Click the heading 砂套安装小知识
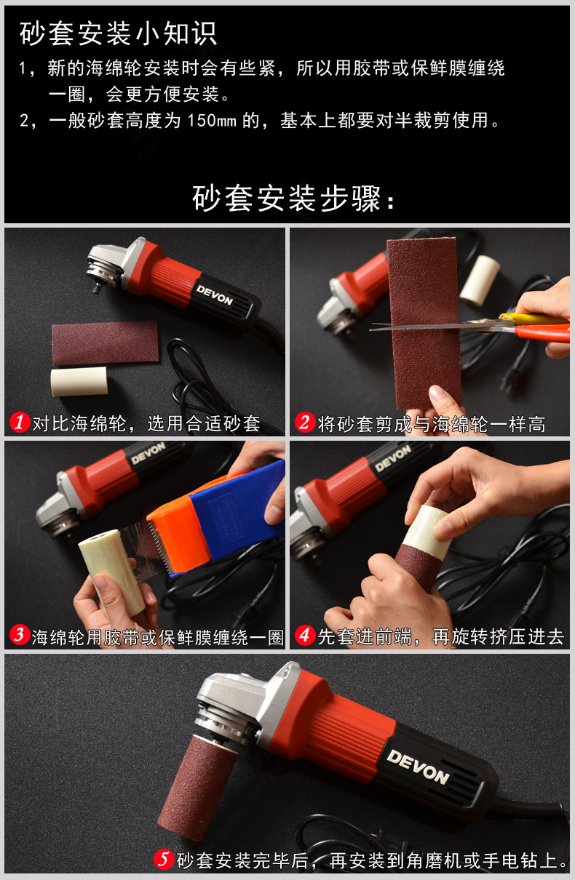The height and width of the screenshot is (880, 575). click(x=118, y=33)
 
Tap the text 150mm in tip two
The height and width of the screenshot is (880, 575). click(x=211, y=120)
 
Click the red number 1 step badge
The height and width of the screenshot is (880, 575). click(x=20, y=423)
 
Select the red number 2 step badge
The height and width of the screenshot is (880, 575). click(x=304, y=423)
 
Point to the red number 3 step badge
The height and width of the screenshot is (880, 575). click(x=20, y=636)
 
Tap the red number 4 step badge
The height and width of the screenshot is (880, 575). click(x=304, y=636)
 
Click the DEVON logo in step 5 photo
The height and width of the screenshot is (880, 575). click(x=417, y=766)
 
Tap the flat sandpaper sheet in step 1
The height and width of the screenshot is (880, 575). click(x=105, y=342)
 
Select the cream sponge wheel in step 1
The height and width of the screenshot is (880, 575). click(x=79, y=381)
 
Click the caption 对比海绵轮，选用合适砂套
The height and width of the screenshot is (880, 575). click(x=146, y=423)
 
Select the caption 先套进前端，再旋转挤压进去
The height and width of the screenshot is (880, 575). click(x=440, y=637)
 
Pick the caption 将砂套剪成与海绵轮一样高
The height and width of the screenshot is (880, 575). click(x=431, y=423)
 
